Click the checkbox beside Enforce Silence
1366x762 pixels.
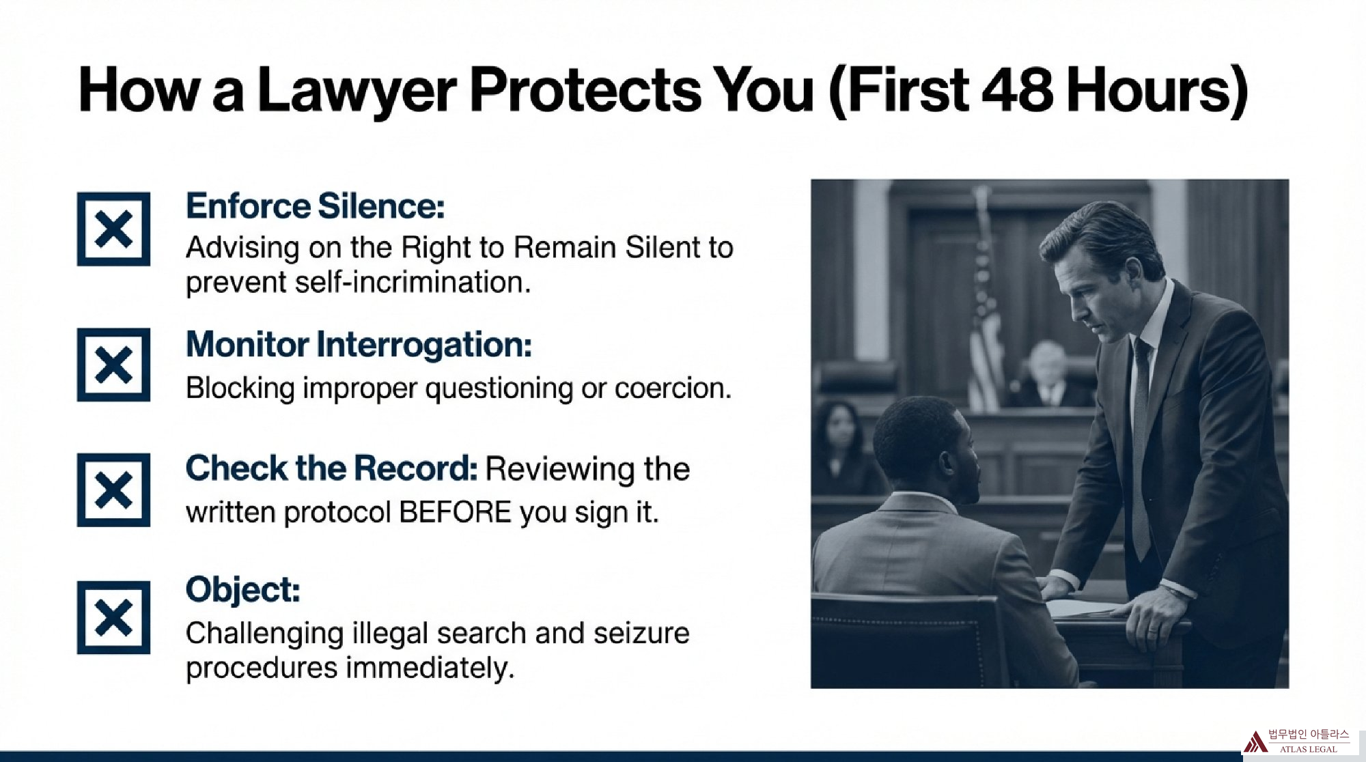pos(113,229)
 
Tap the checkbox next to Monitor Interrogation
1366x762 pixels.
pos(113,365)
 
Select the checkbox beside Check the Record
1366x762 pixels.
pos(113,490)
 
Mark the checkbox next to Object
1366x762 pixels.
pos(113,617)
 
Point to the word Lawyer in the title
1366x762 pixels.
pos(357,92)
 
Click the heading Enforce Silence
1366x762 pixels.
pos(316,206)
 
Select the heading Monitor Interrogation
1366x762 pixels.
pos(359,345)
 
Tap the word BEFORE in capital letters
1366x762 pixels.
pos(455,512)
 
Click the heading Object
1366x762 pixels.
pos(243,590)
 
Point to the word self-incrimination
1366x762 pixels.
pos(413,282)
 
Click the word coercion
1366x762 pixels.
pos(673,389)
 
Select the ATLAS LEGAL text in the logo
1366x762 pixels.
pos(1308,749)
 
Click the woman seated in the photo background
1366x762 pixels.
pos(841,451)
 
